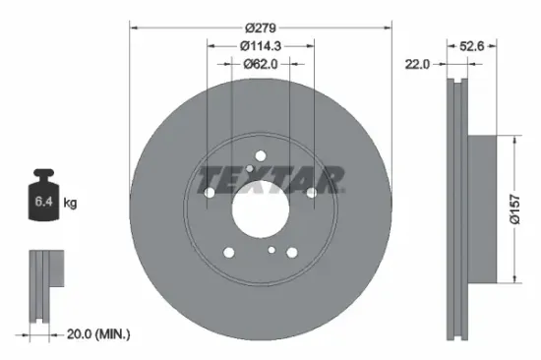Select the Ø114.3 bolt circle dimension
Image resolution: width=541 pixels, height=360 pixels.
coord(261,45)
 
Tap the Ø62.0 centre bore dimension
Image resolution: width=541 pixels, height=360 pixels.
coord(261,64)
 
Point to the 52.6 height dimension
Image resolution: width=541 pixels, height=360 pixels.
coord(474,45)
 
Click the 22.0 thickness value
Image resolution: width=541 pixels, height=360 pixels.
coord(420,64)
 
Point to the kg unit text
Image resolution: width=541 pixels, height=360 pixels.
coord(69,204)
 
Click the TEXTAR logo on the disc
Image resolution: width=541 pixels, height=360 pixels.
coord(270,179)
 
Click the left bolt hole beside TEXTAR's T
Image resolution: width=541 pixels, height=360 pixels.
coord(208,192)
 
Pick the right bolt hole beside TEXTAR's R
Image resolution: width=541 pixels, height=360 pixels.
coord(312,192)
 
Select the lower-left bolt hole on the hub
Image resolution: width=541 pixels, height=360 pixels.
coord(227,252)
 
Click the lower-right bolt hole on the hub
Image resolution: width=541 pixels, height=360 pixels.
coord(292,252)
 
